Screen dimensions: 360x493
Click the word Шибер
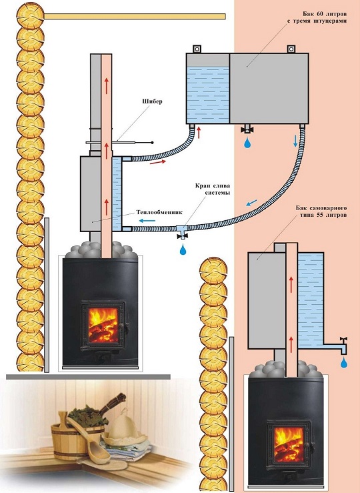(152, 101)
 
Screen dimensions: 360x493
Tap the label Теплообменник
(159, 212)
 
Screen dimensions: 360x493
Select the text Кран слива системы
(213, 189)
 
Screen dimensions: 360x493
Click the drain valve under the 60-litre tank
(247, 129)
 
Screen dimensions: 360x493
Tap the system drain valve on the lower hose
(182, 232)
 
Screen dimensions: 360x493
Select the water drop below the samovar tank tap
(344, 362)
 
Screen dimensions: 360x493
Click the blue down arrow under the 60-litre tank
(295, 141)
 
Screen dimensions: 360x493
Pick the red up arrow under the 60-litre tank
(199, 132)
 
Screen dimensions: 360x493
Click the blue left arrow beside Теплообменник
(147, 220)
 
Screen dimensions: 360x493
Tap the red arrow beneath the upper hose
(158, 162)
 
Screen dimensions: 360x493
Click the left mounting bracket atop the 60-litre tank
(197, 49)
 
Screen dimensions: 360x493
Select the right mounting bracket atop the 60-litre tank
(291, 49)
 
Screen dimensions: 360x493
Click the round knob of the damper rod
(153, 143)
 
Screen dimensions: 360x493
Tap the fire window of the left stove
(103, 325)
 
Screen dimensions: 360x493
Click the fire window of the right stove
(289, 444)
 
